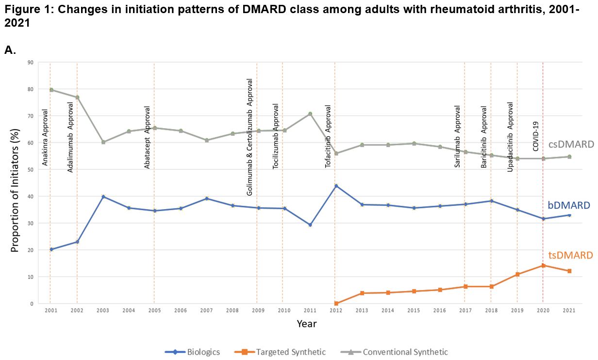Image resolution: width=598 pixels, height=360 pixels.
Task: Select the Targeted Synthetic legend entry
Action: (x=280, y=352)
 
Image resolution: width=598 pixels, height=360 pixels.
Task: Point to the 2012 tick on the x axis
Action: (x=336, y=310)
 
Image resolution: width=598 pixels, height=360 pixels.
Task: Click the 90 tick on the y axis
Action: (x=30, y=62)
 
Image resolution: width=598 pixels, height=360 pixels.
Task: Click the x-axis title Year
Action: (x=307, y=324)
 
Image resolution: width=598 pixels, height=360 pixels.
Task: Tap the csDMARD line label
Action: (x=571, y=144)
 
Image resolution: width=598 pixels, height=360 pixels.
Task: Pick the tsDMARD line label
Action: (x=570, y=255)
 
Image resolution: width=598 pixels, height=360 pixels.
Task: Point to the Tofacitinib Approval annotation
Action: (x=328, y=136)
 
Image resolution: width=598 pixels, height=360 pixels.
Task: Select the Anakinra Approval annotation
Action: (x=45, y=137)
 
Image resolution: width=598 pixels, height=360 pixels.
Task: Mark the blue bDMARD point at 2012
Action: (x=336, y=186)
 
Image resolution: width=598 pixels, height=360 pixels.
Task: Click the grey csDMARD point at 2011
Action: (x=310, y=114)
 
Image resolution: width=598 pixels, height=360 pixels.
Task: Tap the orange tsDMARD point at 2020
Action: (x=543, y=265)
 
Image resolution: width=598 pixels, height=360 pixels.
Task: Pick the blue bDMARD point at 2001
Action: (x=51, y=249)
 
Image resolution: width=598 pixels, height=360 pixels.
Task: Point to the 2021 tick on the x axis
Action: (x=568, y=310)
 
